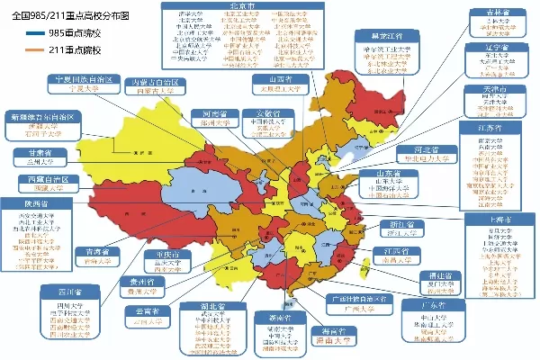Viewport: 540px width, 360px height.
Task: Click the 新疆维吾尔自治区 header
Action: [x=45, y=117]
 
